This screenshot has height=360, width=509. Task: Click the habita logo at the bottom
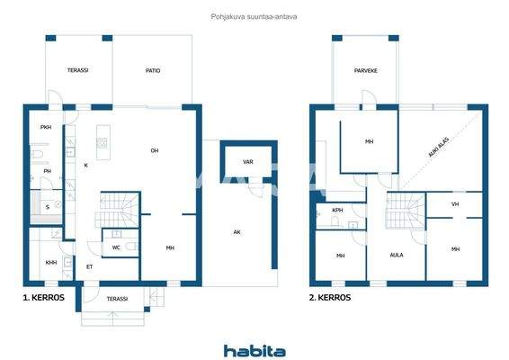click(254, 351)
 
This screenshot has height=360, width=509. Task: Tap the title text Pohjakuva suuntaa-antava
click(254, 15)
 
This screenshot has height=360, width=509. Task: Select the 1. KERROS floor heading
click(42, 296)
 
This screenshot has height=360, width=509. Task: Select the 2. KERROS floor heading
click(330, 296)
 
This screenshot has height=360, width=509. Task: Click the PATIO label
click(153, 70)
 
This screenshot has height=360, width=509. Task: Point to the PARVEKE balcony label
click(364, 70)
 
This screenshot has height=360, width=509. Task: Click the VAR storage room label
click(247, 162)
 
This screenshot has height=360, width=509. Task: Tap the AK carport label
click(237, 232)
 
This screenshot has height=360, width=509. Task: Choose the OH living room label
click(155, 150)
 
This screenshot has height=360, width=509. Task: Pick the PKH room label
click(45, 128)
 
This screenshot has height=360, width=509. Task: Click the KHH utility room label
click(50, 263)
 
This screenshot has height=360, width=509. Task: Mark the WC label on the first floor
click(116, 247)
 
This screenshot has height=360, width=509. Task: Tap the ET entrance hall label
click(89, 267)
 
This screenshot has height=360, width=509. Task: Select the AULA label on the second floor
click(396, 256)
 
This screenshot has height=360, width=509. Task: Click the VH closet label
click(455, 204)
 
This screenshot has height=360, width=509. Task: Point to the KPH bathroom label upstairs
click(337, 210)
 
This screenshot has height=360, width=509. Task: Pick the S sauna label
click(48, 206)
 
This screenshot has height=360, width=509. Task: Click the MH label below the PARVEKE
click(369, 142)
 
